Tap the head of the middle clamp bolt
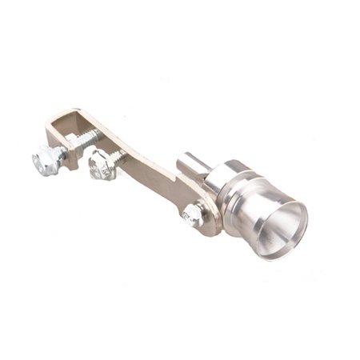[x=101, y=166]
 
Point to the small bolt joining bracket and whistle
[x=193, y=215]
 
